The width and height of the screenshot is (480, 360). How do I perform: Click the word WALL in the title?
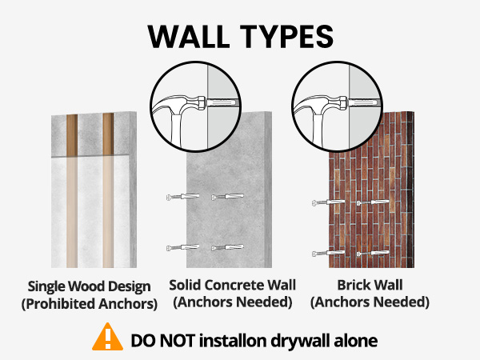[188, 37]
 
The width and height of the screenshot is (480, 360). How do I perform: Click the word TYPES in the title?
[287, 37]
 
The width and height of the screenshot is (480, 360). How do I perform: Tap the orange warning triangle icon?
[108, 337]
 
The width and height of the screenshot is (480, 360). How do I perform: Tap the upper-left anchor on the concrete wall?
[182, 197]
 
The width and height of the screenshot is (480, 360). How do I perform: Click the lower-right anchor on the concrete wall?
[227, 247]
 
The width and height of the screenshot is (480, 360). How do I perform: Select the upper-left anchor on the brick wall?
[329, 202]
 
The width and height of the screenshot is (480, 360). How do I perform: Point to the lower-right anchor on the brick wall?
[373, 253]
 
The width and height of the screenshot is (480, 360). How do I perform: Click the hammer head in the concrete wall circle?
[180, 104]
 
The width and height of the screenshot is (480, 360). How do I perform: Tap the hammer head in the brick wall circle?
[322, 104]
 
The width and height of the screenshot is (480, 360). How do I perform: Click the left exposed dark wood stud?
[72, 134]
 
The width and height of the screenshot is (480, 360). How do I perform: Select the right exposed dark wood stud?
[108, 134]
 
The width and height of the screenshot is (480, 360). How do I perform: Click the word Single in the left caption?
[46, 287]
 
